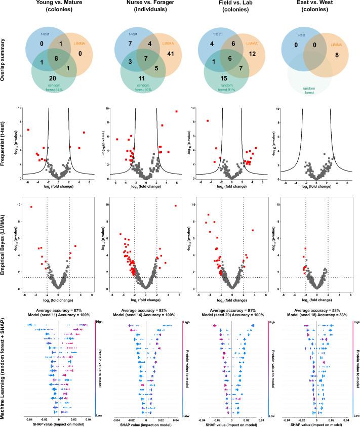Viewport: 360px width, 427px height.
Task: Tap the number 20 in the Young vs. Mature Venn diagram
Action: click(52, 78)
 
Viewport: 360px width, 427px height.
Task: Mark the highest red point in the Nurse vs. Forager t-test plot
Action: click(176, 111)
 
